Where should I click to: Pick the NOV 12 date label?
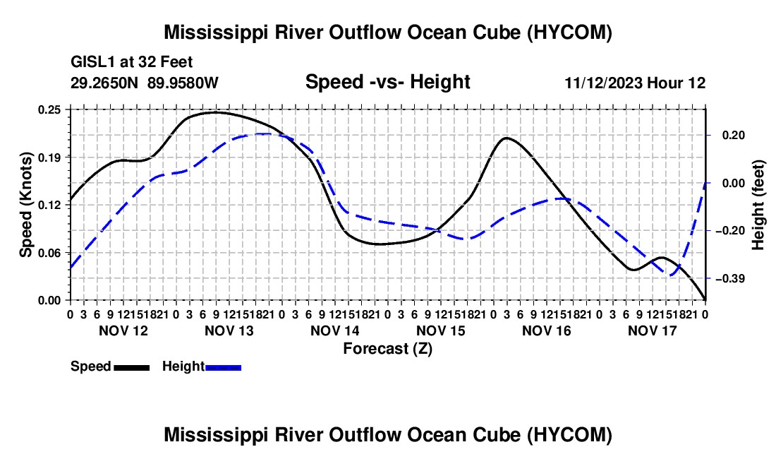point(123,330)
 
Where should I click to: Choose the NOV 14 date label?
point(335,330)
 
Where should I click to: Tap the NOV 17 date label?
point(653,330)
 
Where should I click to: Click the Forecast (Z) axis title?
point(387,349)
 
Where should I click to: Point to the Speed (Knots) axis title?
point(25,205)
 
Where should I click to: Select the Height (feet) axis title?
point(758,205)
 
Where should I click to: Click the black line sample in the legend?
point(132,367)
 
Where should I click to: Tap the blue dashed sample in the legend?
point(223,367)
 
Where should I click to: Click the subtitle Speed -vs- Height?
point(387,82)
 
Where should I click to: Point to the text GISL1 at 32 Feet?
point(132,62)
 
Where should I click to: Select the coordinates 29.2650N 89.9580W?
point(145,83)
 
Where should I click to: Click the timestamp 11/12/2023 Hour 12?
point(635,83)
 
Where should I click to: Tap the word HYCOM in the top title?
point(569,32)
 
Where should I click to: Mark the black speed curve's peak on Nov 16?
point(505,138)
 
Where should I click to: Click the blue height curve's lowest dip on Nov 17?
point(672,275)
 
